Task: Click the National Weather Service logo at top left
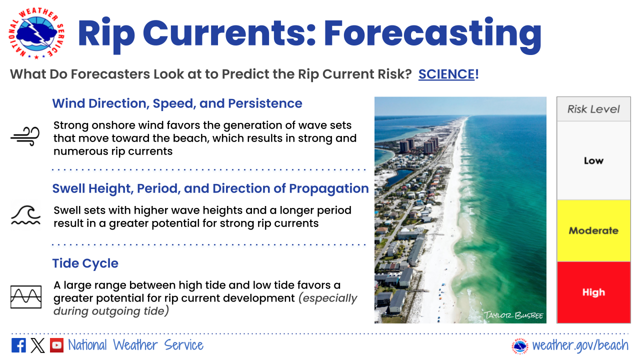36,33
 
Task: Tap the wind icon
25,136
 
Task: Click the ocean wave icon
25,215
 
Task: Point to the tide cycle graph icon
26,297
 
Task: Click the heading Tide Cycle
85,263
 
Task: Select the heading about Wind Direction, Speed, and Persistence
177,103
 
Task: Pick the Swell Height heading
210,188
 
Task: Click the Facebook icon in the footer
18,345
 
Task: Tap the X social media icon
37,345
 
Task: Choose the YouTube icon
56,345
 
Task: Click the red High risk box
593,292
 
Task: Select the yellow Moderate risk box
593,230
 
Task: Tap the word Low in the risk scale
593,160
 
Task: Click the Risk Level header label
593,109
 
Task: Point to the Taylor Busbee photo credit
513,315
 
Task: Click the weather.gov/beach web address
580,345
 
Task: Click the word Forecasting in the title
432,33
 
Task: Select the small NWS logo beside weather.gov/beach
520,346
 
